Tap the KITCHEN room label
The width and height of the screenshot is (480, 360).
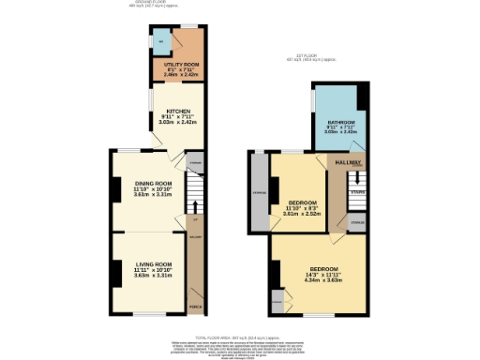171,111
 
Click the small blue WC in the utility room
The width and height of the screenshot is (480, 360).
160,42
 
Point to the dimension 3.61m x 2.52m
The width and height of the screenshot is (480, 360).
302,214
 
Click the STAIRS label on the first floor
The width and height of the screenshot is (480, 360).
357,192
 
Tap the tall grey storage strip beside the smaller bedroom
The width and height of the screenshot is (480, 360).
258,192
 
